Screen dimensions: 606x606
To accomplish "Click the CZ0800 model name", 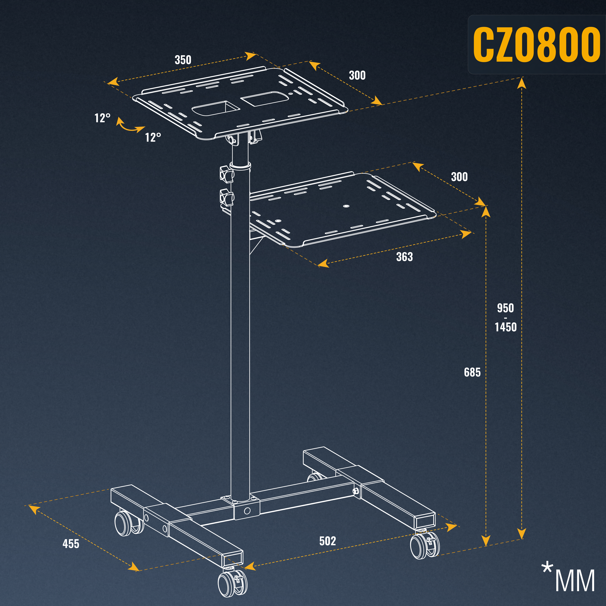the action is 536,45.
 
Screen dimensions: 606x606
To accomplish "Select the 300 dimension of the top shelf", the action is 357,75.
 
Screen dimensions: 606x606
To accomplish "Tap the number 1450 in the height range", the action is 506,327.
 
